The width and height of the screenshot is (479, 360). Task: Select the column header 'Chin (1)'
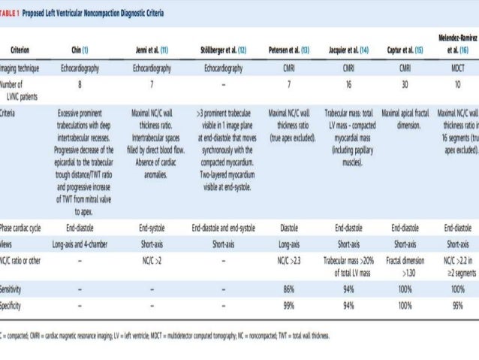[x=79, y=50]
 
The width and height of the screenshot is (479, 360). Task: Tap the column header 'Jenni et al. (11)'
[x=152, y=50]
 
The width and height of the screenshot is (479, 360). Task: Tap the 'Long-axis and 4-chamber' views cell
[x=80, y=244]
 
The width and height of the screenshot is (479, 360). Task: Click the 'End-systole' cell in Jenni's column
[x=152, y=226]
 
